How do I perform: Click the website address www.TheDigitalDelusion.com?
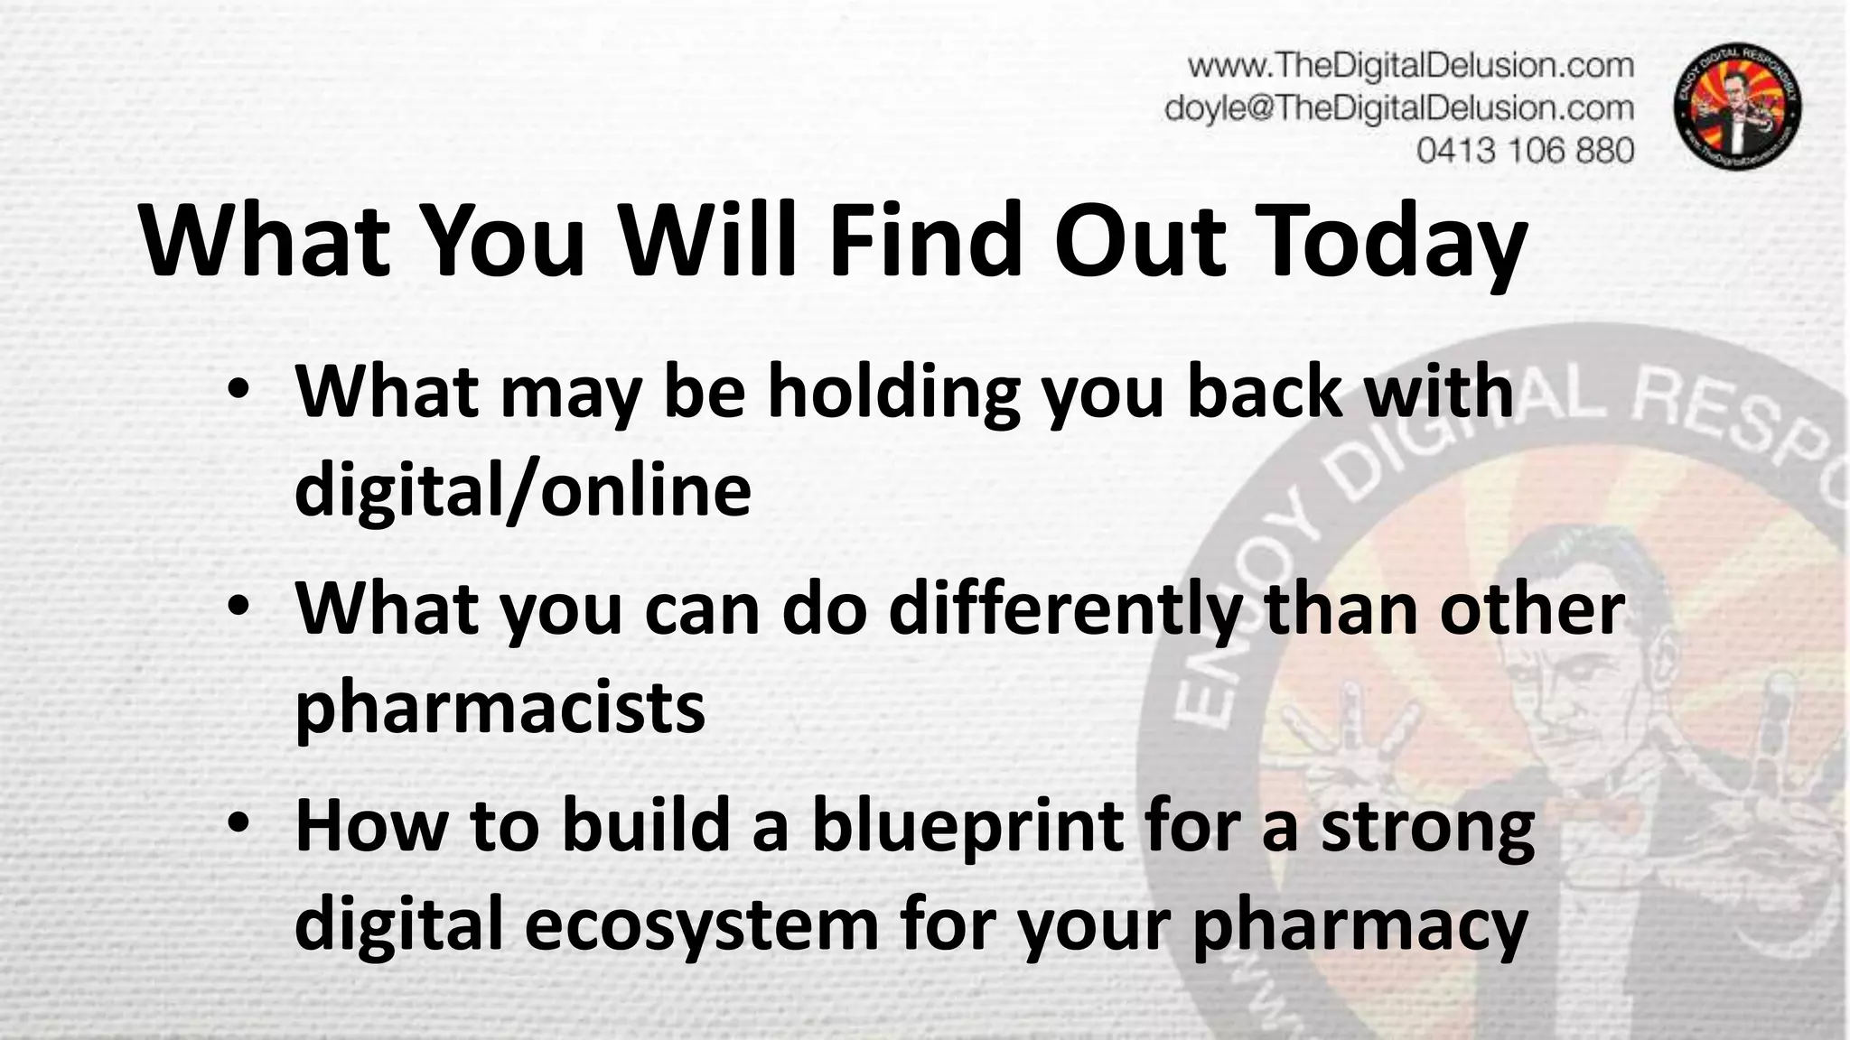pyautogui.click(x=1410, y=66)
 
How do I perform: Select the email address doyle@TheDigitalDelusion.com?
pyautogui.click(x=1399, y=108)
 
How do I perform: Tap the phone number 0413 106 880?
pyautogui.click(x=1525, y=150)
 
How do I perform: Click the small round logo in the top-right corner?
pyautogui.click(x=1738, y=108)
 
